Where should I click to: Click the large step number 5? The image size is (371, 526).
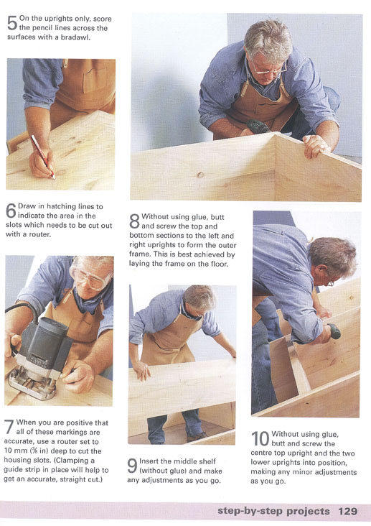(11, 23)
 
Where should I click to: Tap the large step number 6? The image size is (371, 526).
(11, 211)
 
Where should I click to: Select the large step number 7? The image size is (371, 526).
(9, 427)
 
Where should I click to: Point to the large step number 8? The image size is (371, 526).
(134, 221)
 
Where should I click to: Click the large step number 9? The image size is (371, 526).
(132, 466)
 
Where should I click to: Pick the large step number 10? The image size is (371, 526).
(260, 439)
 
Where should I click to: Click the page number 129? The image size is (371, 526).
(347, 511)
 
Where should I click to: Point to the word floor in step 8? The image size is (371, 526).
(219, 264)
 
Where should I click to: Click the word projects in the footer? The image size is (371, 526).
(309, 512)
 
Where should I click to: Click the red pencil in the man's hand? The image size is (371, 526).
(42, 157)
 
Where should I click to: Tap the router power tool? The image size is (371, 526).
(39, 356)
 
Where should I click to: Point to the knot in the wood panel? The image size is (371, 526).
(200, 175)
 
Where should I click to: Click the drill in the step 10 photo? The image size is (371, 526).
(334, 331)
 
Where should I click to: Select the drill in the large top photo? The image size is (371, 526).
(258, 126)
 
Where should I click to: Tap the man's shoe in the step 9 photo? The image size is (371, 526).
(197, 436)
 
